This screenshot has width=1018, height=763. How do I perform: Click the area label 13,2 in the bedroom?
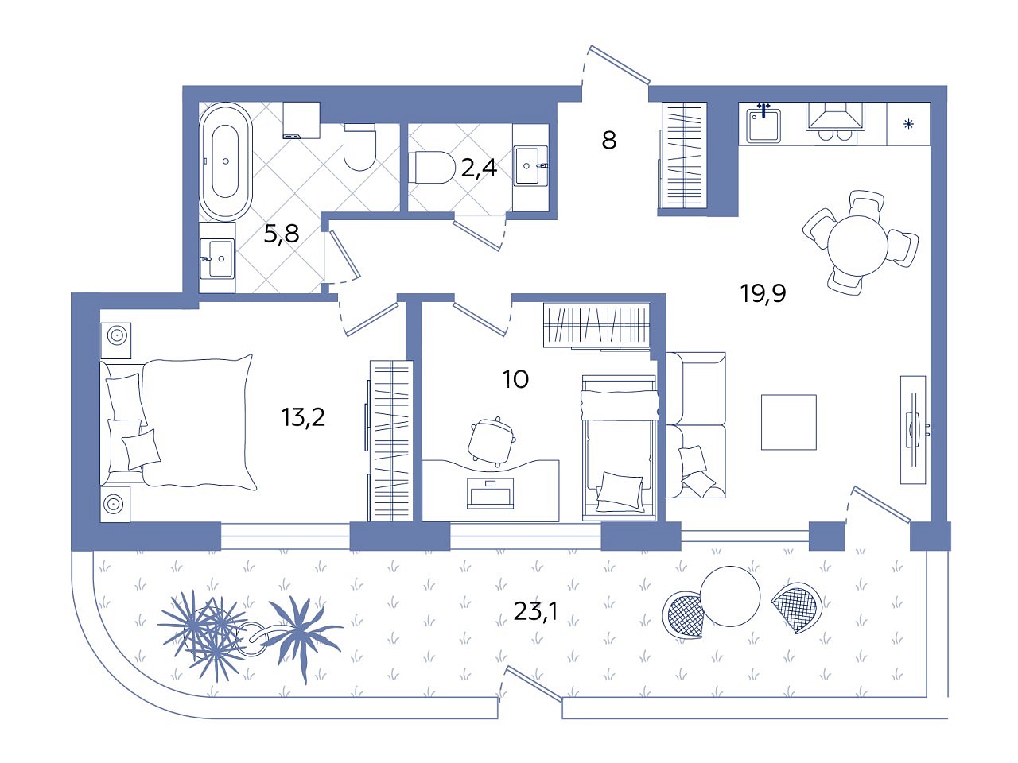(303, 417)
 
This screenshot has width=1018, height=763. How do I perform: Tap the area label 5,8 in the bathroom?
(281, 234)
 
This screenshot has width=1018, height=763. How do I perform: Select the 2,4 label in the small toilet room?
(479, 168)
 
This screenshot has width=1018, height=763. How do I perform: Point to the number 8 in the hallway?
(609, 140)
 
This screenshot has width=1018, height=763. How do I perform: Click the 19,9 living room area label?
(763, 293)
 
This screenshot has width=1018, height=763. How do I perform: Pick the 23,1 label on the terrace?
(535, 611)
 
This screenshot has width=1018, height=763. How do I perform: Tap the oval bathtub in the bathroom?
(225, 161)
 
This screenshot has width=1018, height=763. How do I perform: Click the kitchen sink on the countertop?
(763, 126)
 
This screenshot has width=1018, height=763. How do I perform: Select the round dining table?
(857, 246)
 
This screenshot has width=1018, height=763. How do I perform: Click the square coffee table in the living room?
(788, 422)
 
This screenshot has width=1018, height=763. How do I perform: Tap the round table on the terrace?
(730, 596)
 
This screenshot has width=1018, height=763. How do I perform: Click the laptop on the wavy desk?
(490, 494)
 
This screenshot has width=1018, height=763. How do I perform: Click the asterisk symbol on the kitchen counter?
(908, 124)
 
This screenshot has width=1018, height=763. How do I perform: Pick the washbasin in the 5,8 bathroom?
(218, 258)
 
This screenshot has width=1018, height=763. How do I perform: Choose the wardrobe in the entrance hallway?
(685, 155)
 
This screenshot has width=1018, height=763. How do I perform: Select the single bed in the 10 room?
(619, 448)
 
